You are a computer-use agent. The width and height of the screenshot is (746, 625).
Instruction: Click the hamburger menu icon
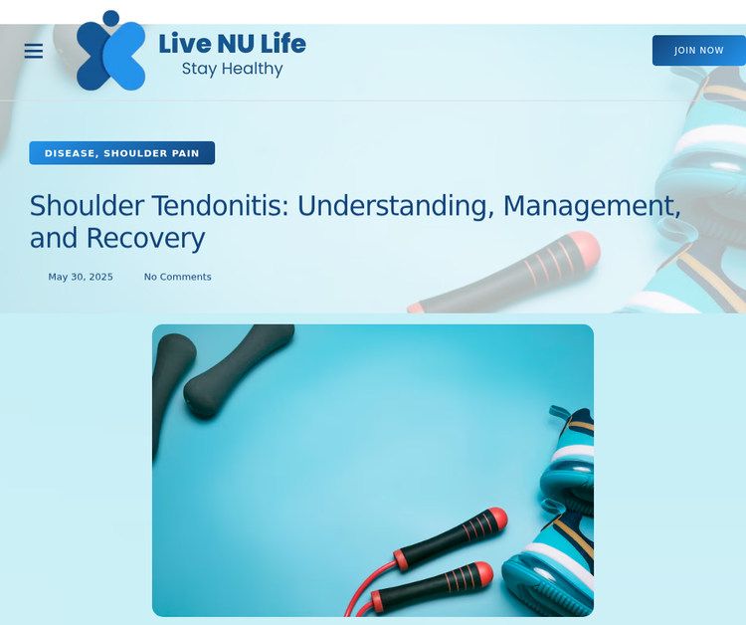pos(33,51)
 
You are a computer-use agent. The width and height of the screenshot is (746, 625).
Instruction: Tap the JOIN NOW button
pos(699,50)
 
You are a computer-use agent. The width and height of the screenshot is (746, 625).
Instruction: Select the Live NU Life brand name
pos(232,44)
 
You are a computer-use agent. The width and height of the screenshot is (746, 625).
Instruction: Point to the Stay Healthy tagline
pos(232,69)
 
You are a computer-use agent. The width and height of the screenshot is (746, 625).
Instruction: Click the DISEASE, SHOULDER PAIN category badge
pos(121,153)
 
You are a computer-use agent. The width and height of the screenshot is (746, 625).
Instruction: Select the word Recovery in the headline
pos(145,239)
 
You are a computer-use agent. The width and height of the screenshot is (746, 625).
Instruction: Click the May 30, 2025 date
pos(81,277)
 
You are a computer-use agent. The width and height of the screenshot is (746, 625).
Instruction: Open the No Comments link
pos(177,277)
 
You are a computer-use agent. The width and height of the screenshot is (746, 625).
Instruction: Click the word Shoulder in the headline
pos(87,206)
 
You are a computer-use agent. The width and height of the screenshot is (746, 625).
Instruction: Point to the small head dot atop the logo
pos(110,18)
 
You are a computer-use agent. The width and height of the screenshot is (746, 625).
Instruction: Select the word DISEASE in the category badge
pos(72,153)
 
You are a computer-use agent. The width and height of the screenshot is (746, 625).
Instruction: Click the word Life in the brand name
pos(283,44)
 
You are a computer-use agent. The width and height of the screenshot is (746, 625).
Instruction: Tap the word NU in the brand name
pos(236,44)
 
